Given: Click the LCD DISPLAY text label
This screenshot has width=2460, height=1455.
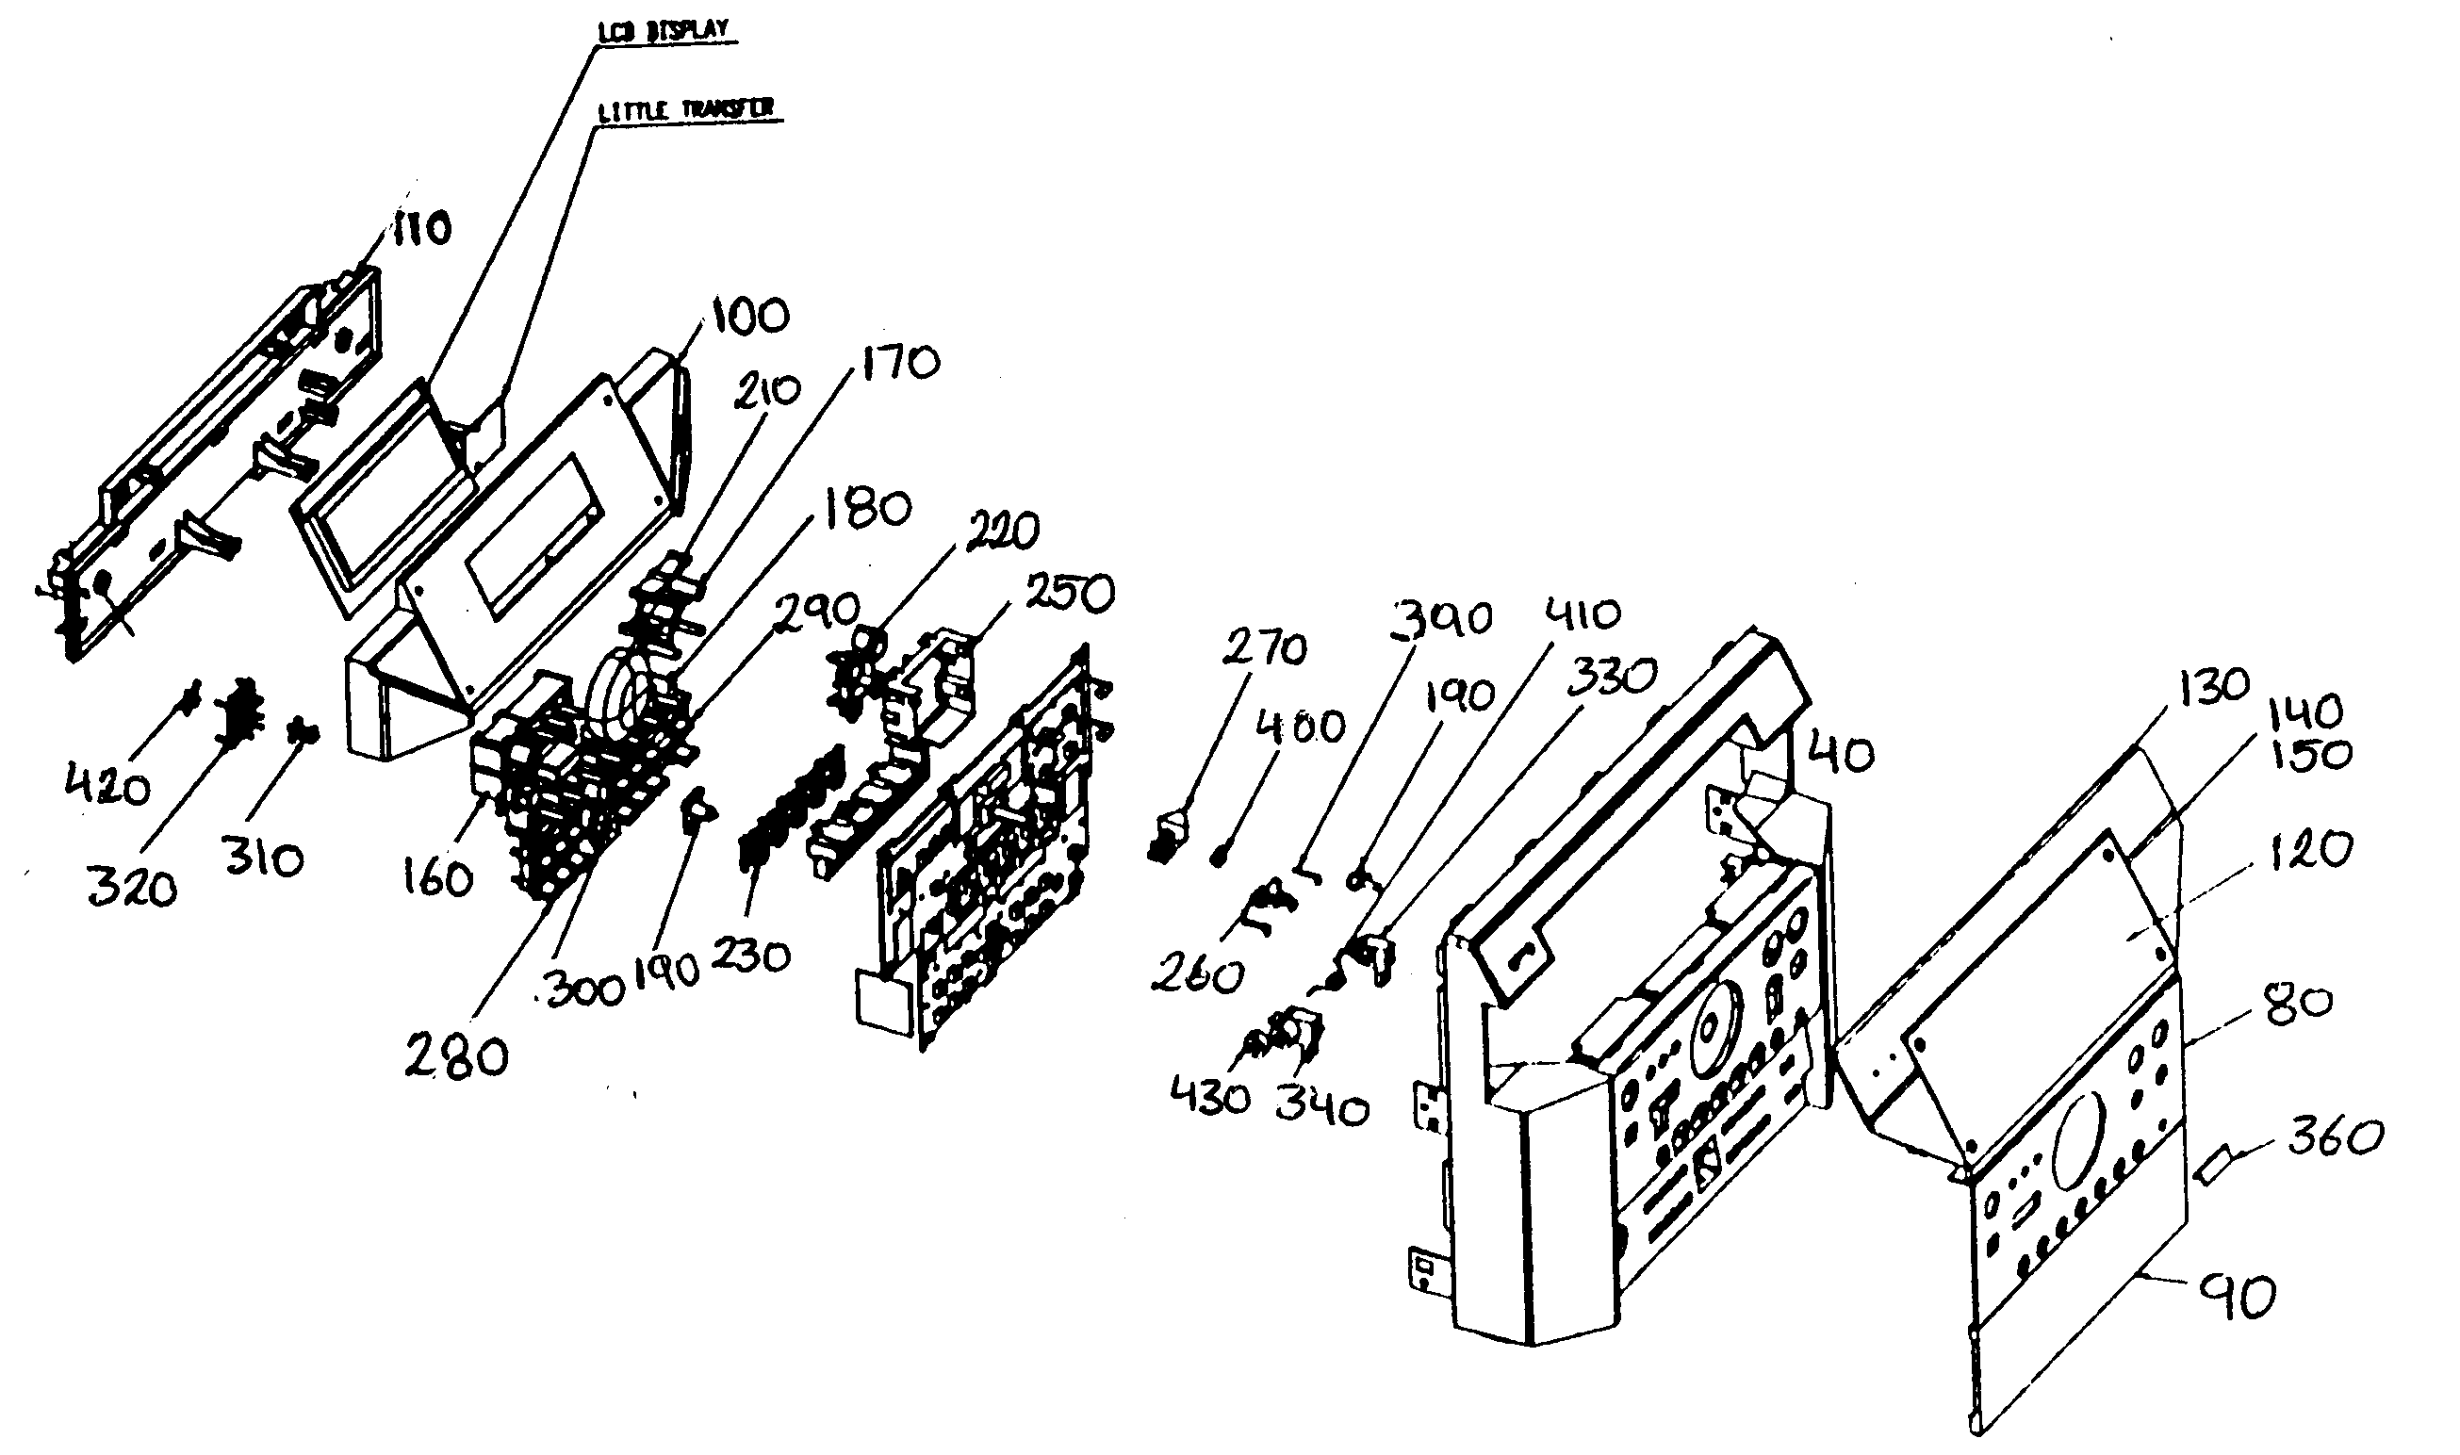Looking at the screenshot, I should click(x=664, y=30).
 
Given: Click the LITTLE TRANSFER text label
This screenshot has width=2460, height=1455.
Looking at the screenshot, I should click(x=686, y=110).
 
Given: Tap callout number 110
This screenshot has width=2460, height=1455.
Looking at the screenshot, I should click(x=421, y=228).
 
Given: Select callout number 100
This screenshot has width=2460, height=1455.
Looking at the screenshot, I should click(x=750, y=316).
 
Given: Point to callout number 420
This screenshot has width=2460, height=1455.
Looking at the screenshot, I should click(x=107, y=785).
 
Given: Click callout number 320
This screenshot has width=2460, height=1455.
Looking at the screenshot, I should click(x=131, y=889).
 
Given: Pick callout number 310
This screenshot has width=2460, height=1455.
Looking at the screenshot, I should click(x=262, y=859).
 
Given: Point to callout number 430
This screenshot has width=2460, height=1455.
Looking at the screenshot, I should click(x=1210, y=1096).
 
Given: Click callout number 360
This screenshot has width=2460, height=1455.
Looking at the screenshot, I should click(x=2335, y=1137).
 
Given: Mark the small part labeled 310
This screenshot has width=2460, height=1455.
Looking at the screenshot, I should click(x=302, y=731).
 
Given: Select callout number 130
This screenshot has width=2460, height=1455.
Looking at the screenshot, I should click(x=2215, y=685).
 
